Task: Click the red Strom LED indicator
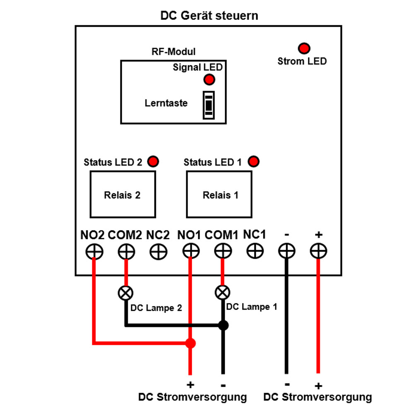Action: tap(305, 48)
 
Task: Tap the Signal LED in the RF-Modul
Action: tap(209, 79)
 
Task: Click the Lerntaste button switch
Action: tap(209, 105)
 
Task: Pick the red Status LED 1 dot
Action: tap(253, 161)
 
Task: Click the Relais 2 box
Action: tap(123, 195)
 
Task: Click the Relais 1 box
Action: tap(219, 195)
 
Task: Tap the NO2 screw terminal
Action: tap(94, 251)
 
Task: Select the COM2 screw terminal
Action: tap(126, 251)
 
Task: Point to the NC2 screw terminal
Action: tap(158, 251)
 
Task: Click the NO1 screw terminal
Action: tap(190, 251)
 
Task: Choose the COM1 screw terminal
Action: tap(223, 251)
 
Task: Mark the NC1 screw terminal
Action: tap(255, 250)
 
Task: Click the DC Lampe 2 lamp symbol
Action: tap(126, 293)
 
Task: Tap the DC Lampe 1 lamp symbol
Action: tap(223, 293)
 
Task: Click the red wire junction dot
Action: tap(190, 343)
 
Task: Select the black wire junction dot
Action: tap(223, 325)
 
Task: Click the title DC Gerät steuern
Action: tap(209, 16)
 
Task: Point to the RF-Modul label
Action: tap(173, 52)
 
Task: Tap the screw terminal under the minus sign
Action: tap(286, 251)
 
